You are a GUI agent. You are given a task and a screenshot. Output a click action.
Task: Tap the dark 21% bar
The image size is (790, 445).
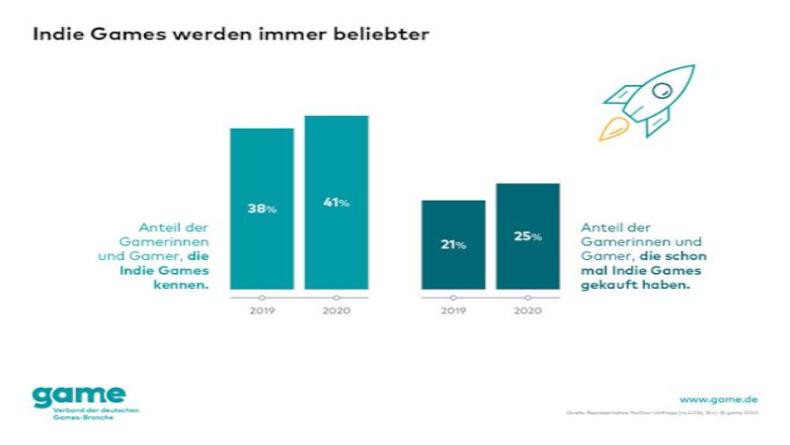tap(453, 267)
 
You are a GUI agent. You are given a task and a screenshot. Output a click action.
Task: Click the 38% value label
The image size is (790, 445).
tap(262, 209)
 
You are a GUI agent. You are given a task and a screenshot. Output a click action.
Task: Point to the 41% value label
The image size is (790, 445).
tap(336, 203)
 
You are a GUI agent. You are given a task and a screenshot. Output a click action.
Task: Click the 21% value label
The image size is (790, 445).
tap(453, 244)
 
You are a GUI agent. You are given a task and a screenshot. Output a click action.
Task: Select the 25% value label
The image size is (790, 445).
tap(527, 236)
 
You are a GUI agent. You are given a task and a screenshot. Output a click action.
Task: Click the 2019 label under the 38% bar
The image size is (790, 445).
tap(262, 310)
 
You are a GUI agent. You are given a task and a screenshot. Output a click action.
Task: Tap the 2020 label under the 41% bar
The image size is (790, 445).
tap(336, 310)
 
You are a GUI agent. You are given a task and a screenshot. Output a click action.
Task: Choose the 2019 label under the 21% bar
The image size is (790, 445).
tap(453, 310)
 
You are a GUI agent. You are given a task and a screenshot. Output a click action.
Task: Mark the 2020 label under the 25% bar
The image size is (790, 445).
tap(527, 310)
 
